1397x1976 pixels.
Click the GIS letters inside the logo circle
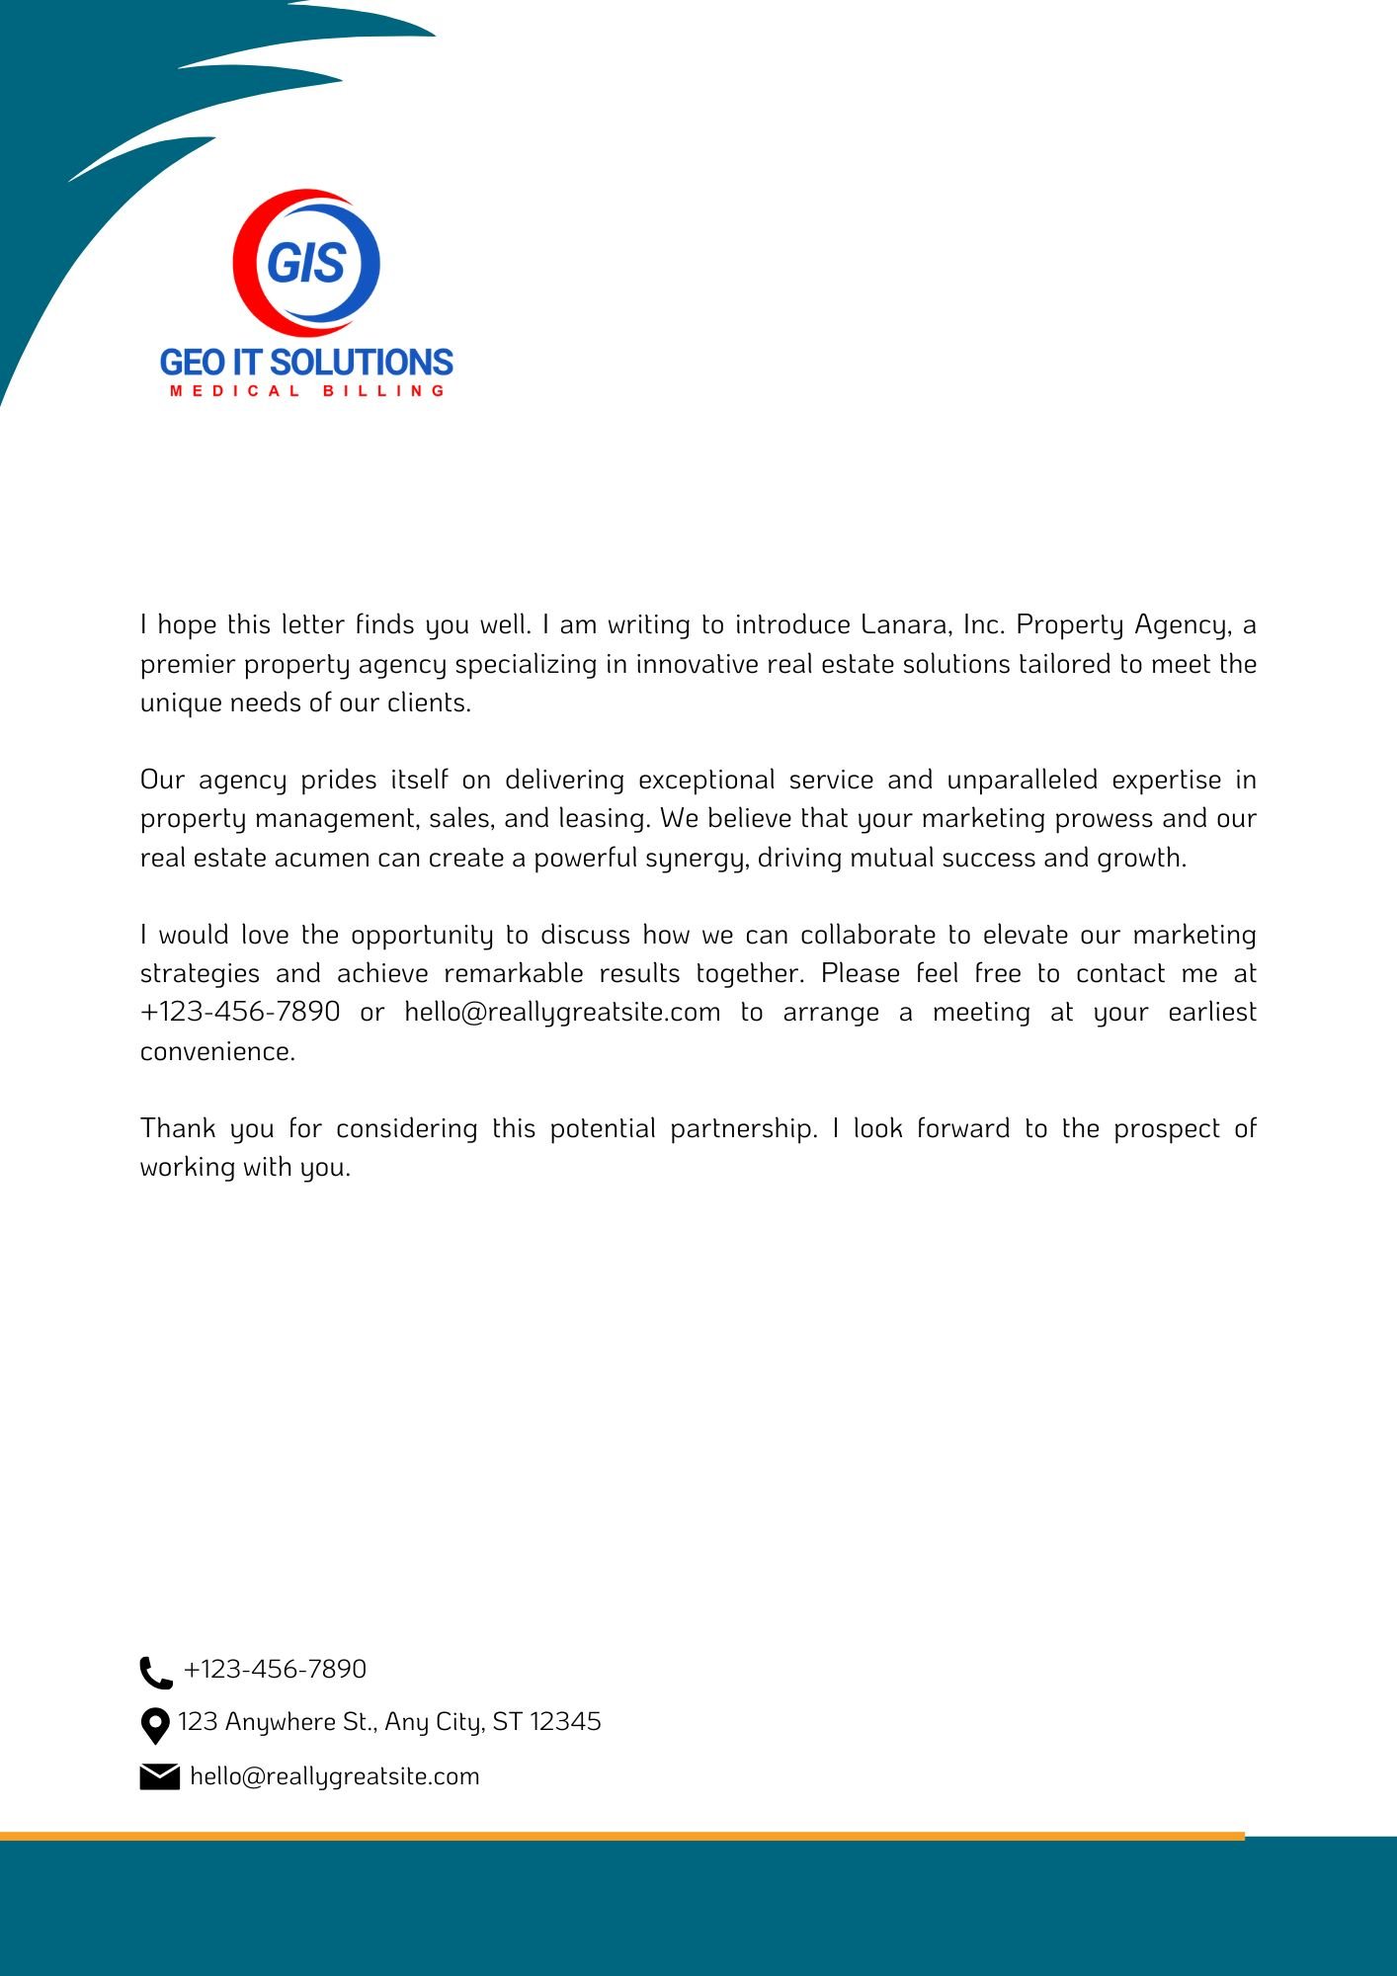306,263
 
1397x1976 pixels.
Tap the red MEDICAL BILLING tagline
307,391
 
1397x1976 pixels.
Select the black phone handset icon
156,1673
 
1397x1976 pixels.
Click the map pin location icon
155,1726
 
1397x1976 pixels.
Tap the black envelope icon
159,1776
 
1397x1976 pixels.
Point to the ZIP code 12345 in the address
565,1722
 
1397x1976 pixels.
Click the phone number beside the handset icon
275,1670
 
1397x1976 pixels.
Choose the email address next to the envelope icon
334,1776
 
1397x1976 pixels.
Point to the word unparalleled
1022,781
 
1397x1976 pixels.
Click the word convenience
217,1052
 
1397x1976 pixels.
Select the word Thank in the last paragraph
177,1129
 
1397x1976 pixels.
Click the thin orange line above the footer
622,1837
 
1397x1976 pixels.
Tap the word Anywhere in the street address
281,1722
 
